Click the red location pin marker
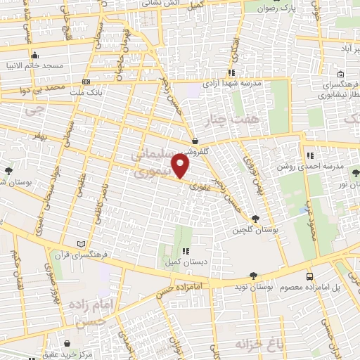click(x=181, y=166)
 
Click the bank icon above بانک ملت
click(x=86, y=81)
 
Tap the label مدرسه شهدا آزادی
click(x=232, y=82)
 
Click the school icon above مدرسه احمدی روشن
click(x=309, y=155)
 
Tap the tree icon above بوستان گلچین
click(x=255, y=219)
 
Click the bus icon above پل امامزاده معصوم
click(x=310, y=276)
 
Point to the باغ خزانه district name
click(x=254, y=345)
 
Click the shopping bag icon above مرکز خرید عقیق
click(x=67, y=344)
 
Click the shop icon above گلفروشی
click(x=194, y=141)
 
